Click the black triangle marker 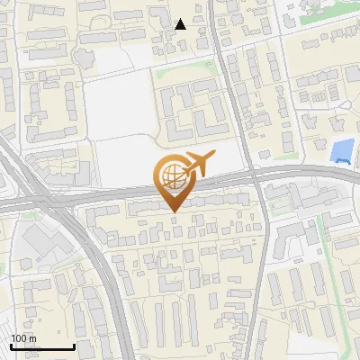coord(181,24)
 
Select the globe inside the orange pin coord(172,176)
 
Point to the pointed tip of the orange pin coord(173,211)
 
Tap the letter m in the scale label coord(33,338)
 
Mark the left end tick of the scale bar coord(10,346)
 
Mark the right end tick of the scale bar coord(74,346)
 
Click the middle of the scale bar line coord(41,347)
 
